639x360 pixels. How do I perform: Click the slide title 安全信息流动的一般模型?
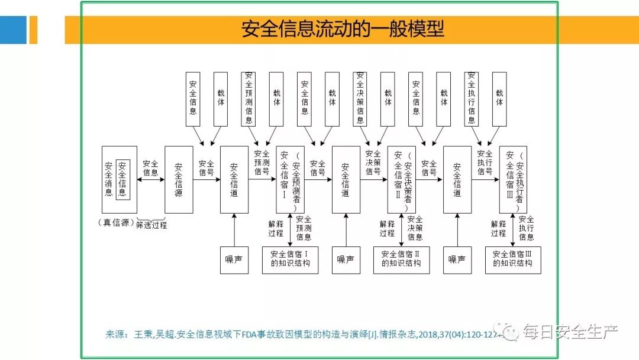(343, 29)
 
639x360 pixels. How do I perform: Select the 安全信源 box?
(179, 179)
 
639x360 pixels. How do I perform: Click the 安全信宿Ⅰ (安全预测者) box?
(290, 179)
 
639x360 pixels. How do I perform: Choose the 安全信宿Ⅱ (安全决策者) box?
(402, 179)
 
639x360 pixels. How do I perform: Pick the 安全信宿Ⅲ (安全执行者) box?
(513, 179)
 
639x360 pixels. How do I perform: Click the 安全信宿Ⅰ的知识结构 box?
(290, 259)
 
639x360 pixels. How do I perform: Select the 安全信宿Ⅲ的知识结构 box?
(512, 259)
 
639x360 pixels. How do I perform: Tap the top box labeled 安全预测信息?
(249, 98)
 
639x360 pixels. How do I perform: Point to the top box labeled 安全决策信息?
(360, 98)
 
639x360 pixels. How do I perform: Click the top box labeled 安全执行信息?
(472, 98)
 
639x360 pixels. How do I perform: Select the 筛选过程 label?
(151, 225)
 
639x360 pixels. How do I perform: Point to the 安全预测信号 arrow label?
(262, 163)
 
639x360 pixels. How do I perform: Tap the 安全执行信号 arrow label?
(485, 163)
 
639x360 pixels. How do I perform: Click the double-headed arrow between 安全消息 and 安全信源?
(151, 180)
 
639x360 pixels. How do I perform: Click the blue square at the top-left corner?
(13, 30)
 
